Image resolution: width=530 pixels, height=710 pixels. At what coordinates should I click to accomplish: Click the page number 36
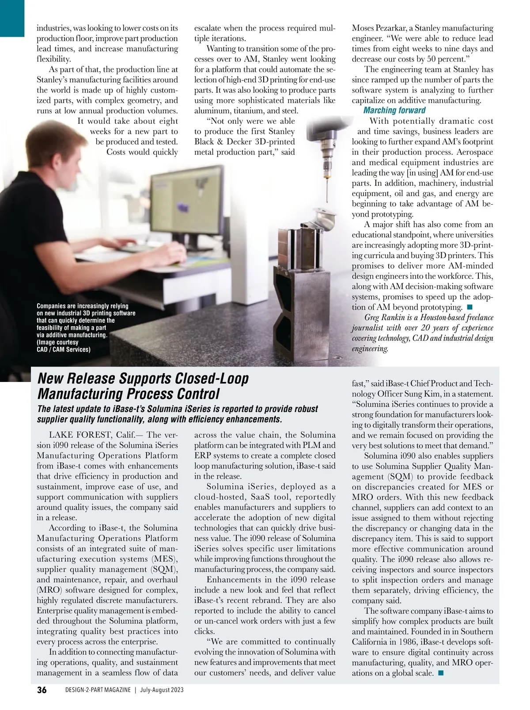(x=42, y=690)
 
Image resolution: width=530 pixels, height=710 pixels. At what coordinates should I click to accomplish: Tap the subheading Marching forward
(x=394, y=111)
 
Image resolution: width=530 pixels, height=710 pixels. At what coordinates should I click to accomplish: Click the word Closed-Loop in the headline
(x=212, y=378)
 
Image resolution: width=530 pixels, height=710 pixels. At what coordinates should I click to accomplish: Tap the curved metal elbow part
(x=325, y=219)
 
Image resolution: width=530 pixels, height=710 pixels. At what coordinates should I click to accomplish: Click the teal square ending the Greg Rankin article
(x=469, y=307)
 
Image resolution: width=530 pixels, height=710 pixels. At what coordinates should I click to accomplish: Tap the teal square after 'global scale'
(x=440, y=673)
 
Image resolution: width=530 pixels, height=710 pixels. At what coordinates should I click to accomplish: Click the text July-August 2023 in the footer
(x=162, y=690)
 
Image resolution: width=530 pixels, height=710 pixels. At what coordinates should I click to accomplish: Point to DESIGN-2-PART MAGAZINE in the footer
(x=98, y=690)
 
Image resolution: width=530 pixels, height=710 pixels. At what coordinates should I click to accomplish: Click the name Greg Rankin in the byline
(x=385, y=317)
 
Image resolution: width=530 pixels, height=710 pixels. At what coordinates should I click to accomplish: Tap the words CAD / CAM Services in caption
(x=64, y=349)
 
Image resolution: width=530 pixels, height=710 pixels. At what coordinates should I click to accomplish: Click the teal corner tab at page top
(x=12, y=18)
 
